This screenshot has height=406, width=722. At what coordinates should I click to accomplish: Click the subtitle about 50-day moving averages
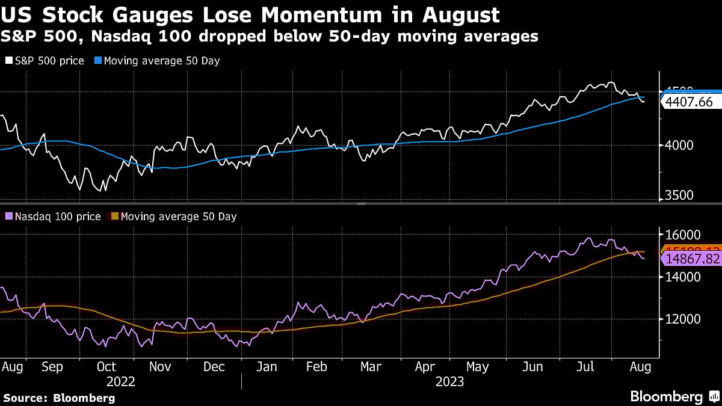tap(270, 37)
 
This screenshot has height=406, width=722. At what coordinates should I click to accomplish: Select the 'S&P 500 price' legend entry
tap(46, 61)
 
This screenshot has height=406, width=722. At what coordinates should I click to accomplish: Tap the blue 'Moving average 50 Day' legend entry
tap(157, 61)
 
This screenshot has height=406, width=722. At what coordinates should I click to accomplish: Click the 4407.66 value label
tap(690, 102)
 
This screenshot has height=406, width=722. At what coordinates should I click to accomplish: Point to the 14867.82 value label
tap(690, 259)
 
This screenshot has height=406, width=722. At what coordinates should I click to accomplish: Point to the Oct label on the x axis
tap(106, 367)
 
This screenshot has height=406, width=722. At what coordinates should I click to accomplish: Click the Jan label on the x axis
tap(267, 367)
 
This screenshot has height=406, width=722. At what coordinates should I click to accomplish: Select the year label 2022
tap(120, 381)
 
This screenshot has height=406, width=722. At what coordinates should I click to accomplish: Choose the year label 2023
tap(449, 381)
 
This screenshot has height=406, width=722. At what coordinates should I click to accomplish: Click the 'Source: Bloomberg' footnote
tap(59, 398)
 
